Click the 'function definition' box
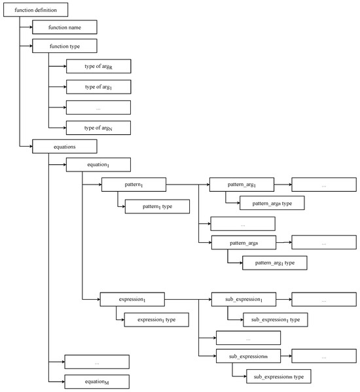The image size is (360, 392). pyautogui.click(x=36, y=10)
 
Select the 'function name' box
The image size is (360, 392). pyautogui.click(x=65, y=27)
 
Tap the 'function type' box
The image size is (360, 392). pyautogui.click(x=65, y=46)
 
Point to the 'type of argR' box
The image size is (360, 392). pyautogui.click(x=98, y=66)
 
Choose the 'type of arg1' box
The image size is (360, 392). pyautogui.click(x=98, y=87)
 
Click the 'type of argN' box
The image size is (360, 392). pyautogui.click(x=98, y=128)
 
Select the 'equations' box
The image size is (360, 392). pyautogui.click(x=65, y=146)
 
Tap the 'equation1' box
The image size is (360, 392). pyautogui.click(x=98, y=164)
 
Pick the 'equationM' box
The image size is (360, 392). pyautogui.click(x=97, y=382)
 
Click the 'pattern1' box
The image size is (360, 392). pyautogui.click(x=134, y=185)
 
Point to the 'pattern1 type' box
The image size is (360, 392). pyautogui.click(x=157, y=207)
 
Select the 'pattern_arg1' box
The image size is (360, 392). pyautogui.click(x=242, y=185)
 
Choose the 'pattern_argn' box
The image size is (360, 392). pyautogui.click(x=243, y=243)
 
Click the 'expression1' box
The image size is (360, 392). pyautogui.click(x=132, y=299)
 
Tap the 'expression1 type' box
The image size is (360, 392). pyautogui.click(x=156, y=319)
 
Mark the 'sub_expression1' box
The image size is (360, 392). pyautogui.click(x=243, y=299)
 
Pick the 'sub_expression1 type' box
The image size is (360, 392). pyautogui.click(x=276, y=319)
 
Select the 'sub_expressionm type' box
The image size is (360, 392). pyautogui.click(x=279, y=376)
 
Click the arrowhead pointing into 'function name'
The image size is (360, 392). pyautogui.click(x=31, y=27)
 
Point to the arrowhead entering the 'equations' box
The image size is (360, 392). pyautogui.click(x=31, y=146)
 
